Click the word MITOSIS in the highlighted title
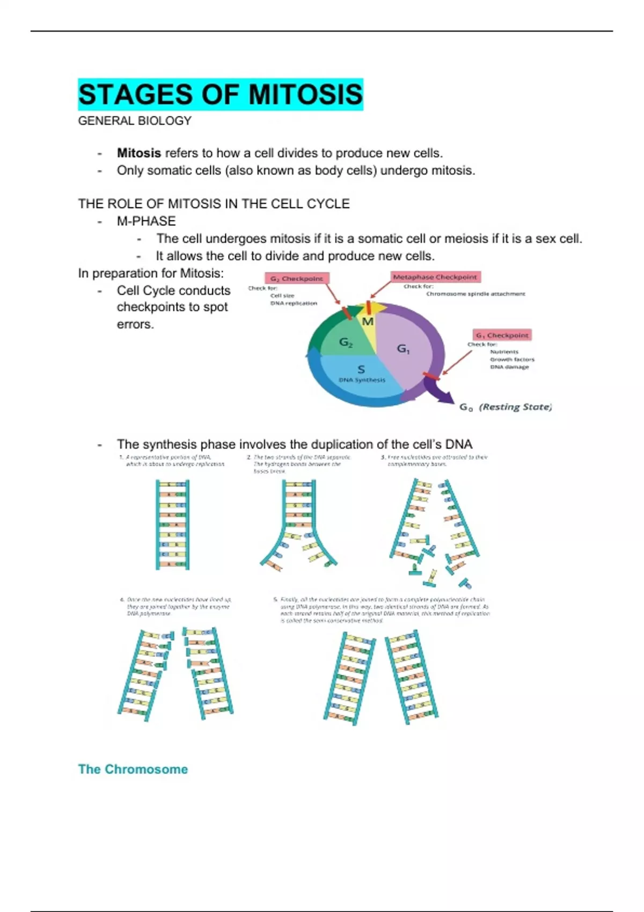point(305,94)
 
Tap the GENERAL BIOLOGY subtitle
point(135,121)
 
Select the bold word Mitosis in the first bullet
point(139,153)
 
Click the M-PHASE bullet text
point(146,221)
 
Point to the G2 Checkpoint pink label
point(297,278)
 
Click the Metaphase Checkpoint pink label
point(435,277)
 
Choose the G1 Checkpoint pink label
point(502,335)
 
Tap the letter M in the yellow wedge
point(368,322)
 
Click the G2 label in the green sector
point(346,342)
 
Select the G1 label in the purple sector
point(404,349)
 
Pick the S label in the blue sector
point(361,369)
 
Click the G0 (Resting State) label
point(505,407)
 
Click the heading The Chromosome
point(133,769)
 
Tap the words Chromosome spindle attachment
point(475,294)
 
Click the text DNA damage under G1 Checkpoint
point(509,367)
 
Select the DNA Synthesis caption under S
point(362,380)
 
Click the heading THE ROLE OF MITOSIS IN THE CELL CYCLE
point(214,204)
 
